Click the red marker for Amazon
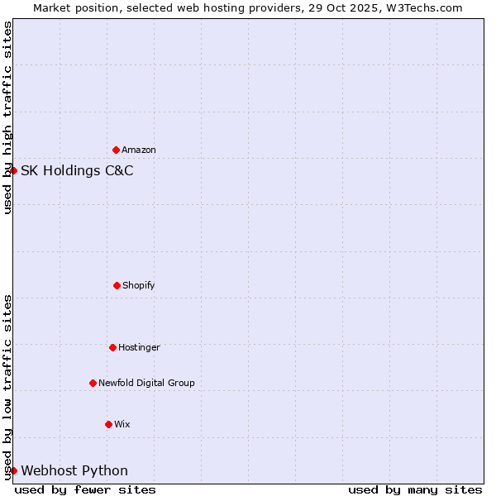116,150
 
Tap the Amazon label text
139,150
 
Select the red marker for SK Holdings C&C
13,170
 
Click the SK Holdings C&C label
77,171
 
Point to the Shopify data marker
117,285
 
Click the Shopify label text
139,286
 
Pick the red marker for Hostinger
112,347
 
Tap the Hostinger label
139,348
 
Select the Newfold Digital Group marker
93,383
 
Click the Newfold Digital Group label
146,384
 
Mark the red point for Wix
108,424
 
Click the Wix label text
122,425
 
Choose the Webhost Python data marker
13,470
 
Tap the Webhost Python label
74,471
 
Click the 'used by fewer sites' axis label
85,489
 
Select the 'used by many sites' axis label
415,489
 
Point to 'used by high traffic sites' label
7,117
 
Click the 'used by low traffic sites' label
7,387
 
